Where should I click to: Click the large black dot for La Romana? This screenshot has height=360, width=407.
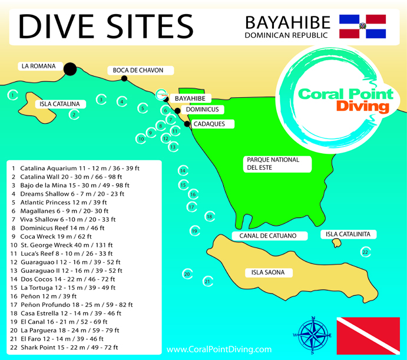point(70,69)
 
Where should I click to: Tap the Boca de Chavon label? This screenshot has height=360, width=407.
point(138,71)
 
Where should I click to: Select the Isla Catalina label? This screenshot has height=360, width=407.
point(59,104)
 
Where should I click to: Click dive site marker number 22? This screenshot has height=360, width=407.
point(366,252)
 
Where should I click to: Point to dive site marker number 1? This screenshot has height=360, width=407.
point(12,94)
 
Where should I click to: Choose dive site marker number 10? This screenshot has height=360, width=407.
point(141,140)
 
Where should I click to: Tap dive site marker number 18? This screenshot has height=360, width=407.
point(210,217)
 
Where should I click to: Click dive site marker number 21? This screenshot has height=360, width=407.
point(207,282)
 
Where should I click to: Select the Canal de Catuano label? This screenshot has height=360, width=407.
point(272,236)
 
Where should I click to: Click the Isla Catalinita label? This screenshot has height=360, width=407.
point(349,234)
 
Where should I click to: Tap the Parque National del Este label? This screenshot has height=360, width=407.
point(273,163)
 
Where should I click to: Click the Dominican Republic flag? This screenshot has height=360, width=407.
point(362,27)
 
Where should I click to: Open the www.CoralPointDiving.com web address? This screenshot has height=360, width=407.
point(219,349)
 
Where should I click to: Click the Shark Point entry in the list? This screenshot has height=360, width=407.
point(69,348)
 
